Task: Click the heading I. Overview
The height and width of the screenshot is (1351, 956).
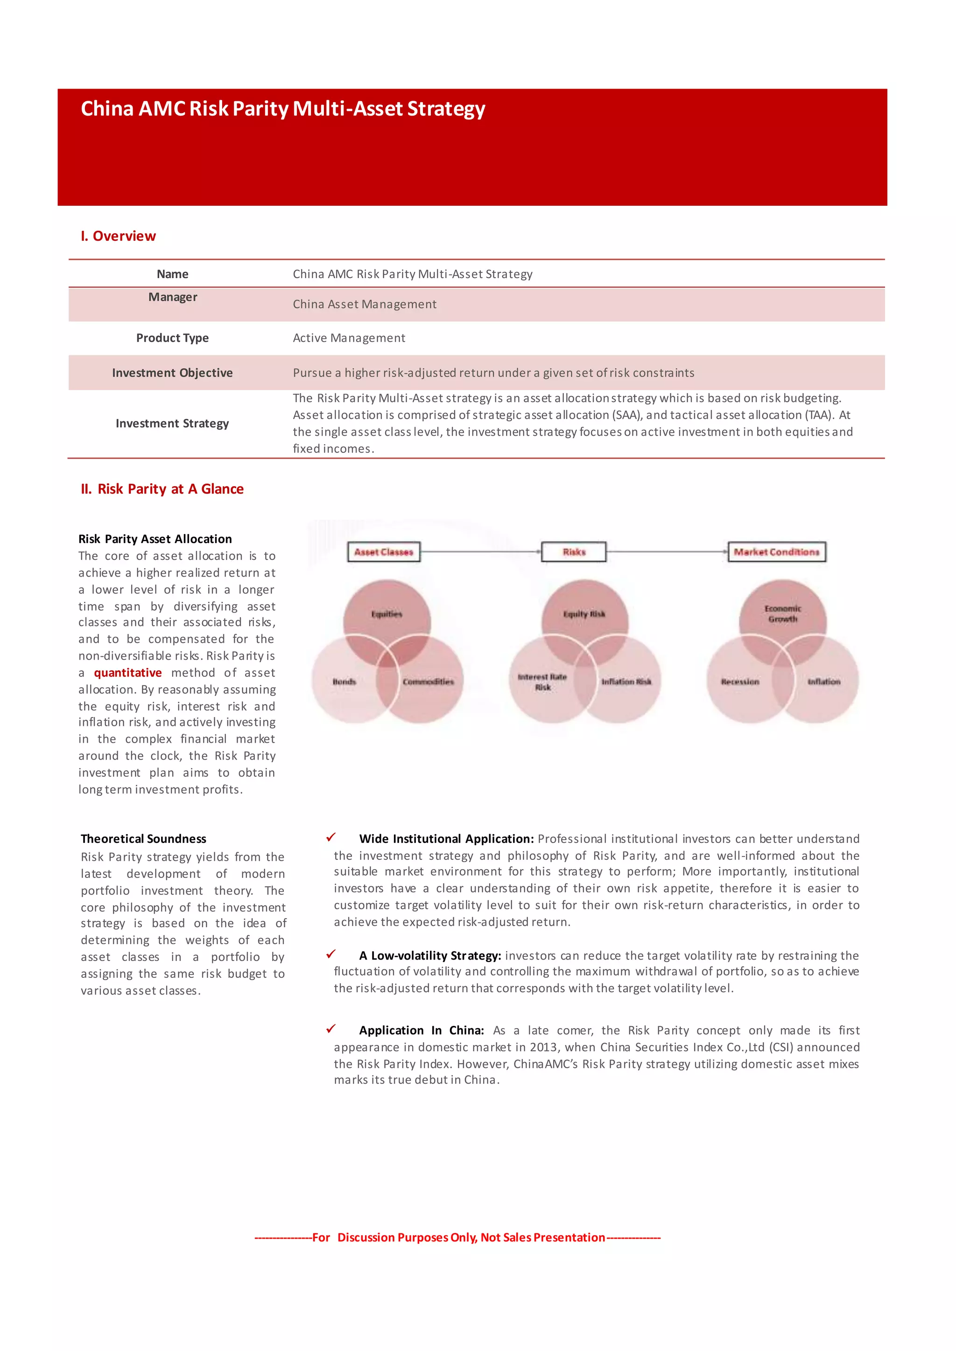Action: (x=118, y=236)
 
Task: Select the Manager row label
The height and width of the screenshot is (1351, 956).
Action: (x=172, y=297)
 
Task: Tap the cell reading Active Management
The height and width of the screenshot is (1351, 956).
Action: (x=349, y=338)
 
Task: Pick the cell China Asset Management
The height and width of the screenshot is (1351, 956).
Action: (x=365, y=304)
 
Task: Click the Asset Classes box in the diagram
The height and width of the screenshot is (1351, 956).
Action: (x=384, y=552)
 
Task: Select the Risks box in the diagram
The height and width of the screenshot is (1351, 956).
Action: (x=574, y=552)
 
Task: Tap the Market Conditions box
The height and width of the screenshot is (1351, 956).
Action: (x=776, y=552)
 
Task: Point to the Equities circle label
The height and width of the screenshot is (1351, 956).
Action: (x=387, y=614)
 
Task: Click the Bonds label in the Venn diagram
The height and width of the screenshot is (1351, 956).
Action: (x=344, y=682)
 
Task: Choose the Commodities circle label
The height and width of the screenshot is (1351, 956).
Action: (x=428, y=682)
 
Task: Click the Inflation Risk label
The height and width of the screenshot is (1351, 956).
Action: (x=626, y=682)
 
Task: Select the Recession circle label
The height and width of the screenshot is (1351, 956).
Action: (x=740, y=682)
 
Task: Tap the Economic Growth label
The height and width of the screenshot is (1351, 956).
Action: (x=783, y=614)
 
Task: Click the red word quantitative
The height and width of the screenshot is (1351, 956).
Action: (x=128, y=673)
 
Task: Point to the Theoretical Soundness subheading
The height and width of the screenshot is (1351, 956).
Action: (x=144, y=838)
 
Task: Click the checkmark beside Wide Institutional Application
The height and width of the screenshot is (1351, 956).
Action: (x=331, y=837)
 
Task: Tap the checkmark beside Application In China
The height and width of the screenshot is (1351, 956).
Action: (x=331, y=1029)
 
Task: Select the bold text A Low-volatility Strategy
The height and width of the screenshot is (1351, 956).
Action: (x=430, y=955)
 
